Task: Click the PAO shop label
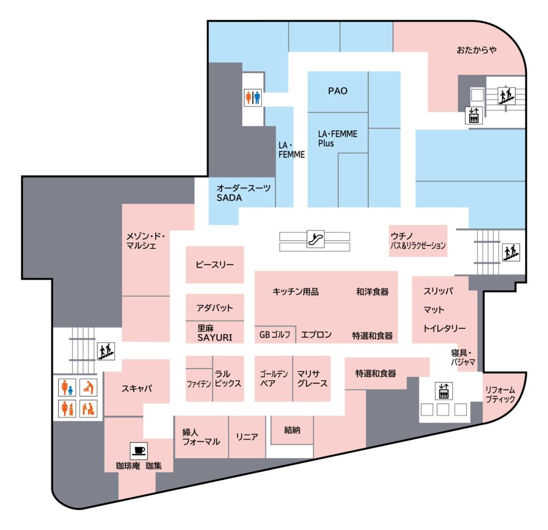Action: pos(338,91)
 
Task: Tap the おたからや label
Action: pos(477,50)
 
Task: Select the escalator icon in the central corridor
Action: pos(315,239)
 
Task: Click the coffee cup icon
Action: pos(139,451)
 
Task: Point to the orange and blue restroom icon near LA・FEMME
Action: pos(253,98)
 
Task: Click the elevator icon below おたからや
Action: pos(474,115)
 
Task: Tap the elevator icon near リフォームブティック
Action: pos(444,390)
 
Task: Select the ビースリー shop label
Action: pos(215,265)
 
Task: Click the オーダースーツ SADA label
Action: pos(243,193)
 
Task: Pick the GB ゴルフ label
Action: pos(275,335)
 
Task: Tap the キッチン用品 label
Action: pos(295,291)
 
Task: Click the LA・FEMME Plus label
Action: pos(338,139)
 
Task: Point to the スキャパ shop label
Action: pos(136,388)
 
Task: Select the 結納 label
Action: pos(292,430)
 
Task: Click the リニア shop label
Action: pos(247,437)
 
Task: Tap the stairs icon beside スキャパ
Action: pos(106,351)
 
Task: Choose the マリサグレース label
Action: pos(312,379)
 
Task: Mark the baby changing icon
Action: pos(88,387)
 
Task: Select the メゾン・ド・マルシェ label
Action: pos(146,241)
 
